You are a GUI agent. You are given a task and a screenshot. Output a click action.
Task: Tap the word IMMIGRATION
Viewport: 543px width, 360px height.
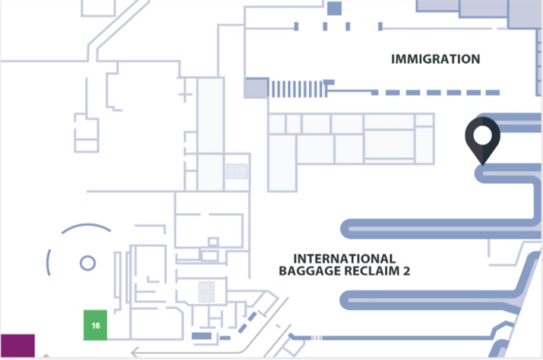(x=435, y=59)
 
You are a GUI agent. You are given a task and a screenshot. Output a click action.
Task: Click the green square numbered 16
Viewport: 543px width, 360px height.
(x=96, y=325)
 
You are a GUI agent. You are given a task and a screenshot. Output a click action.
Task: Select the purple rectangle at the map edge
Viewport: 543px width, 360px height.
(x=17, y=345)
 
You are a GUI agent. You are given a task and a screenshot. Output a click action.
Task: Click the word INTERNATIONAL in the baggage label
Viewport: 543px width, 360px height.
(x=343, y=259)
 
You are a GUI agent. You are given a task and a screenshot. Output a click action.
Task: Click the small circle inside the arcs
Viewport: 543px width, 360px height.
(x=87, y=263)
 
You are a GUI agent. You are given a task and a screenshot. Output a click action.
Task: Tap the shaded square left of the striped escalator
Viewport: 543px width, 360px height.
(x=255, y=88)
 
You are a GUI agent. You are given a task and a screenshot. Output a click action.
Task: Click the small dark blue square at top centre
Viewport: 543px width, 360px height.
(x=334, y=8)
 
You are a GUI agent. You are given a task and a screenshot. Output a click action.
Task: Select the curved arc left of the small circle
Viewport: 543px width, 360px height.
(x=50, y=262)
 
